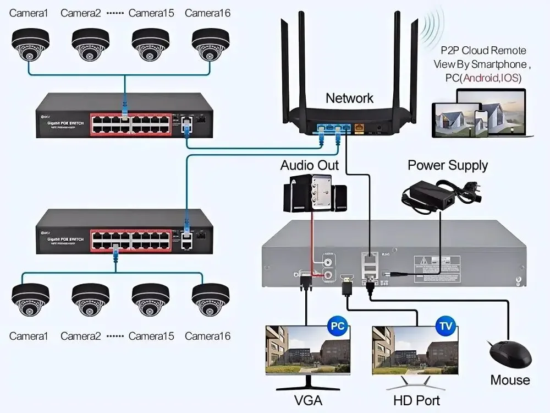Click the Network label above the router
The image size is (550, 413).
[x=349, y=98]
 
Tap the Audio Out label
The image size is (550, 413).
[x=310, y=165]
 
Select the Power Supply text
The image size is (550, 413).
[x=448, y=165]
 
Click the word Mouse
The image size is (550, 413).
[x=510, y=380]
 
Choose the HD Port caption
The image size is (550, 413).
[x=416, y=400]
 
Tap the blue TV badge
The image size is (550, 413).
[x=444, y=326]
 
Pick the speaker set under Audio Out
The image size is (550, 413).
[x=315, y=194]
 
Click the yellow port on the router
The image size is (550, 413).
[x=360, y=128]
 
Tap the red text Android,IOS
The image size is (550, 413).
[x=491, y=78]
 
